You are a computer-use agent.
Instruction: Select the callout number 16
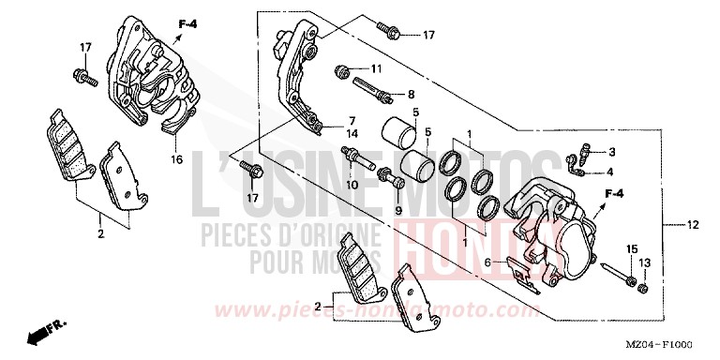point(176,160)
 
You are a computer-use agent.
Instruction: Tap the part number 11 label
point(376,69)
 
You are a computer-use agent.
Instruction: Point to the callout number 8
point(411,95)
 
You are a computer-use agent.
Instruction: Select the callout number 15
point(631,248)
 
